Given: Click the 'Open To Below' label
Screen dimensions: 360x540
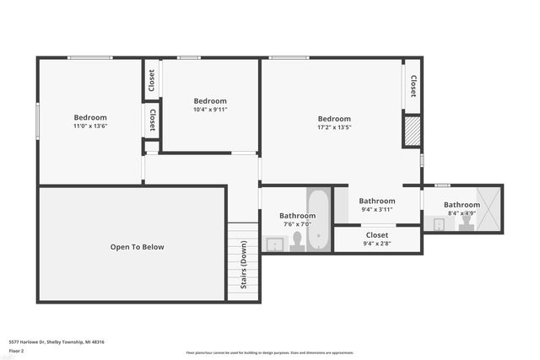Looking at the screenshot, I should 137,247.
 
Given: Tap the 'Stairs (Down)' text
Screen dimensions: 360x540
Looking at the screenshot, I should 244,266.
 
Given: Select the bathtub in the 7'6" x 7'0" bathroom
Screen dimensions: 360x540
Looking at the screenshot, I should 318,219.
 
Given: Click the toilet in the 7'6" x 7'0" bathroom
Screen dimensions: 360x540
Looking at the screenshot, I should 296,242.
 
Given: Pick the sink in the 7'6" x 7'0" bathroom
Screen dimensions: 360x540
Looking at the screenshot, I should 274,244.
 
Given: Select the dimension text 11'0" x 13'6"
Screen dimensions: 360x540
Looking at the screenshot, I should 90,126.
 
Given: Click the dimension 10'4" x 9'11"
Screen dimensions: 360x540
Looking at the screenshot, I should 210,109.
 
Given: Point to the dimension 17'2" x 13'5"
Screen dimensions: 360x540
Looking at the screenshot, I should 334,128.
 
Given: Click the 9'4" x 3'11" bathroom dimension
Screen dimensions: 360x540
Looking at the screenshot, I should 376,210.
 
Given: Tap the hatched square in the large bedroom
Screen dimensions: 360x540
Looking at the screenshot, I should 412,132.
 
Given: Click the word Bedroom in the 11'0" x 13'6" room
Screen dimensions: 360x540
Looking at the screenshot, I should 90,117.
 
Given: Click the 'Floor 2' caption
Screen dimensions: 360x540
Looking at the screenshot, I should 16,351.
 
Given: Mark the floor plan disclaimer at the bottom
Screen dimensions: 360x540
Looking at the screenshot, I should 269,353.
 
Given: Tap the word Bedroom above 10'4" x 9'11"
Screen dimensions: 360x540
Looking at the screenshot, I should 210,99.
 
